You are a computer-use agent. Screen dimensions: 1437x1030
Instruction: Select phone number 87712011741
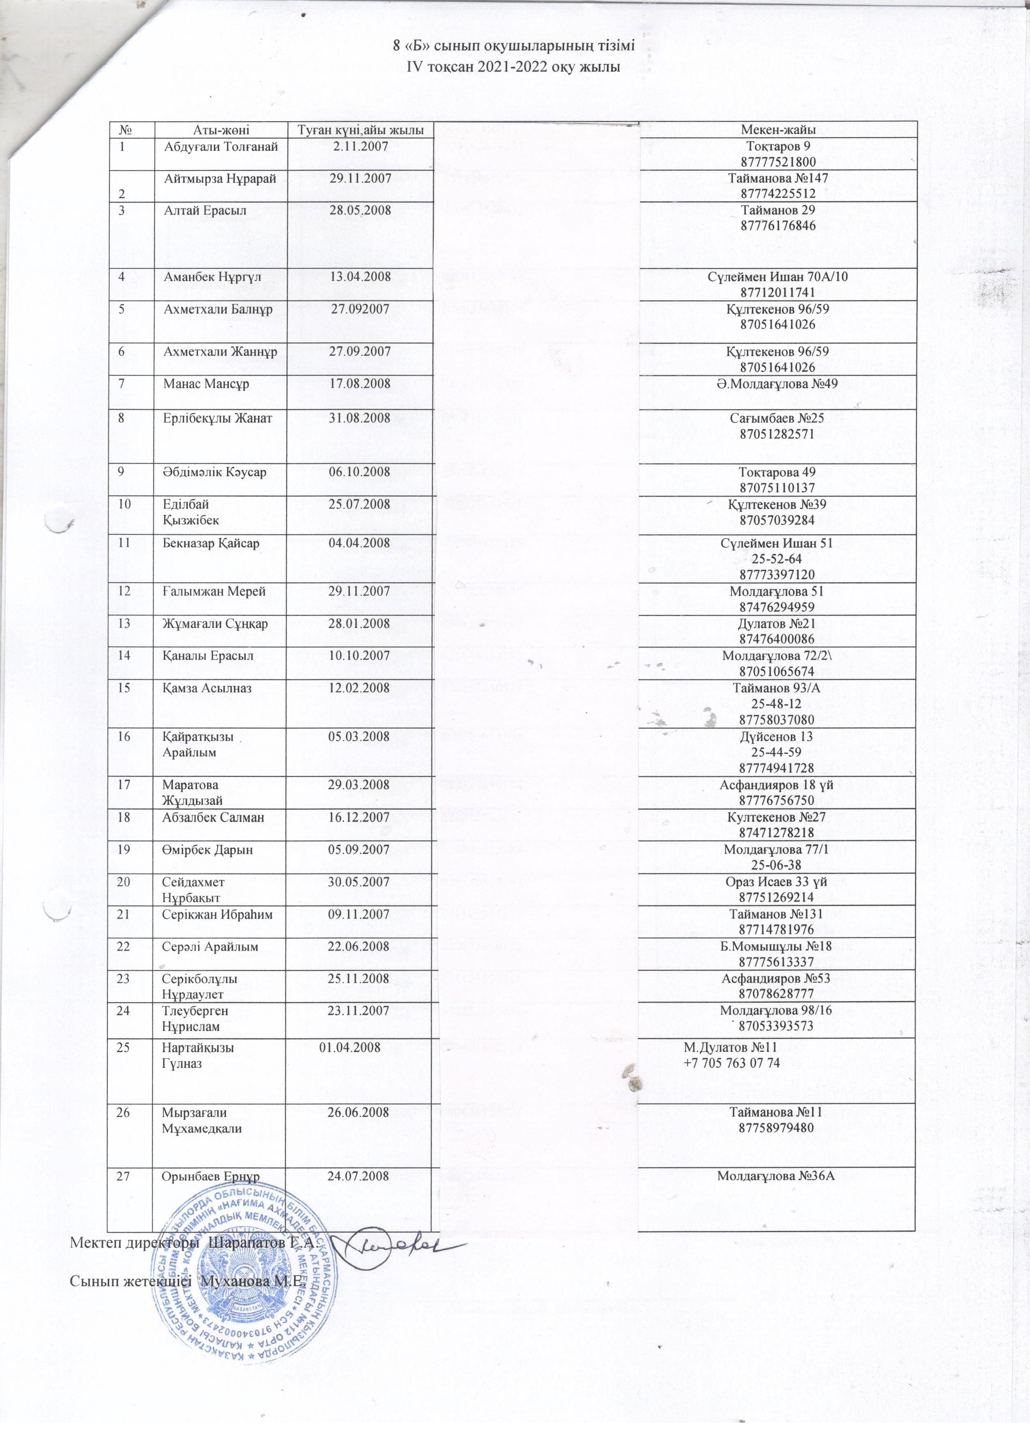(x=777, y=293)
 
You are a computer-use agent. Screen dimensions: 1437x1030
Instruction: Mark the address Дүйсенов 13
(x=777, y=736)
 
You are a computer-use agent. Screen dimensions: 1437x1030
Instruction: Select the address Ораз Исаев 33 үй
(x=777, y=882)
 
